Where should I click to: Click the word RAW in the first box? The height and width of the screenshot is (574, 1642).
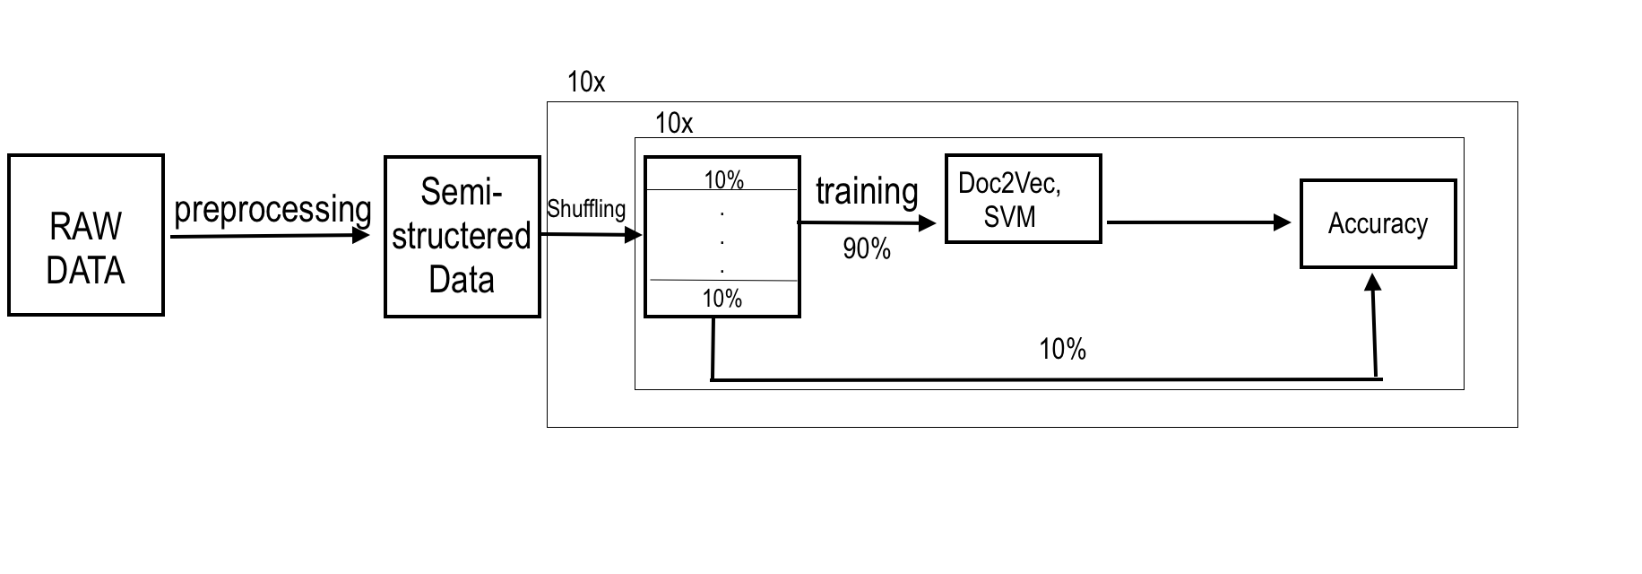tap(85, 227)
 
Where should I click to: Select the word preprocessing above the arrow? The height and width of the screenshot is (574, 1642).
tap(272, 210)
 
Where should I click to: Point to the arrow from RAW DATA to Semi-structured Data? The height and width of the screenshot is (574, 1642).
tap(269, 235)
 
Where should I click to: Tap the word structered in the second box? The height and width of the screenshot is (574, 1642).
tap(462, 236)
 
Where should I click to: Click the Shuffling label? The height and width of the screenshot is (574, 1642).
tap(586, 209)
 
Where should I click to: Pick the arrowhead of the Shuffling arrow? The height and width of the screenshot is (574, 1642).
tap(635, 235)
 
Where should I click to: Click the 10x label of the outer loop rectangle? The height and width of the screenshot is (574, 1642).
tap(586, 83)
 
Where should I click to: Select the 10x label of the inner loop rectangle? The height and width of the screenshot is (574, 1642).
tap(674, 123)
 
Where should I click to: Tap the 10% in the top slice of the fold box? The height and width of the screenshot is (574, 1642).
tap(723, 180)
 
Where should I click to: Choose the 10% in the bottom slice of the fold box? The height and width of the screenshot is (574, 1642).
tap(722, 298)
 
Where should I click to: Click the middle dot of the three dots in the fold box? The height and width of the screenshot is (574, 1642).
tap(722, 242)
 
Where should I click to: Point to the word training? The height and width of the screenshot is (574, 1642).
tap(867, 192)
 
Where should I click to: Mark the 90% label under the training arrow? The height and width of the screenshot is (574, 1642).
tap(867, 249)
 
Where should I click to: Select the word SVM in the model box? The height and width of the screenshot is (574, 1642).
tap(1009, 216)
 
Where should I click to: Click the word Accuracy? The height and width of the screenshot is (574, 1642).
tap(1378, 223)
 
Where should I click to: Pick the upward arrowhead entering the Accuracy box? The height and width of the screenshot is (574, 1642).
tap(1372, 283)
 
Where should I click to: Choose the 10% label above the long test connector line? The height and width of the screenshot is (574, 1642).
tap(1062, 349)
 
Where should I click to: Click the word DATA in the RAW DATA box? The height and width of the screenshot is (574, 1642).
tap(85, 271)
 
